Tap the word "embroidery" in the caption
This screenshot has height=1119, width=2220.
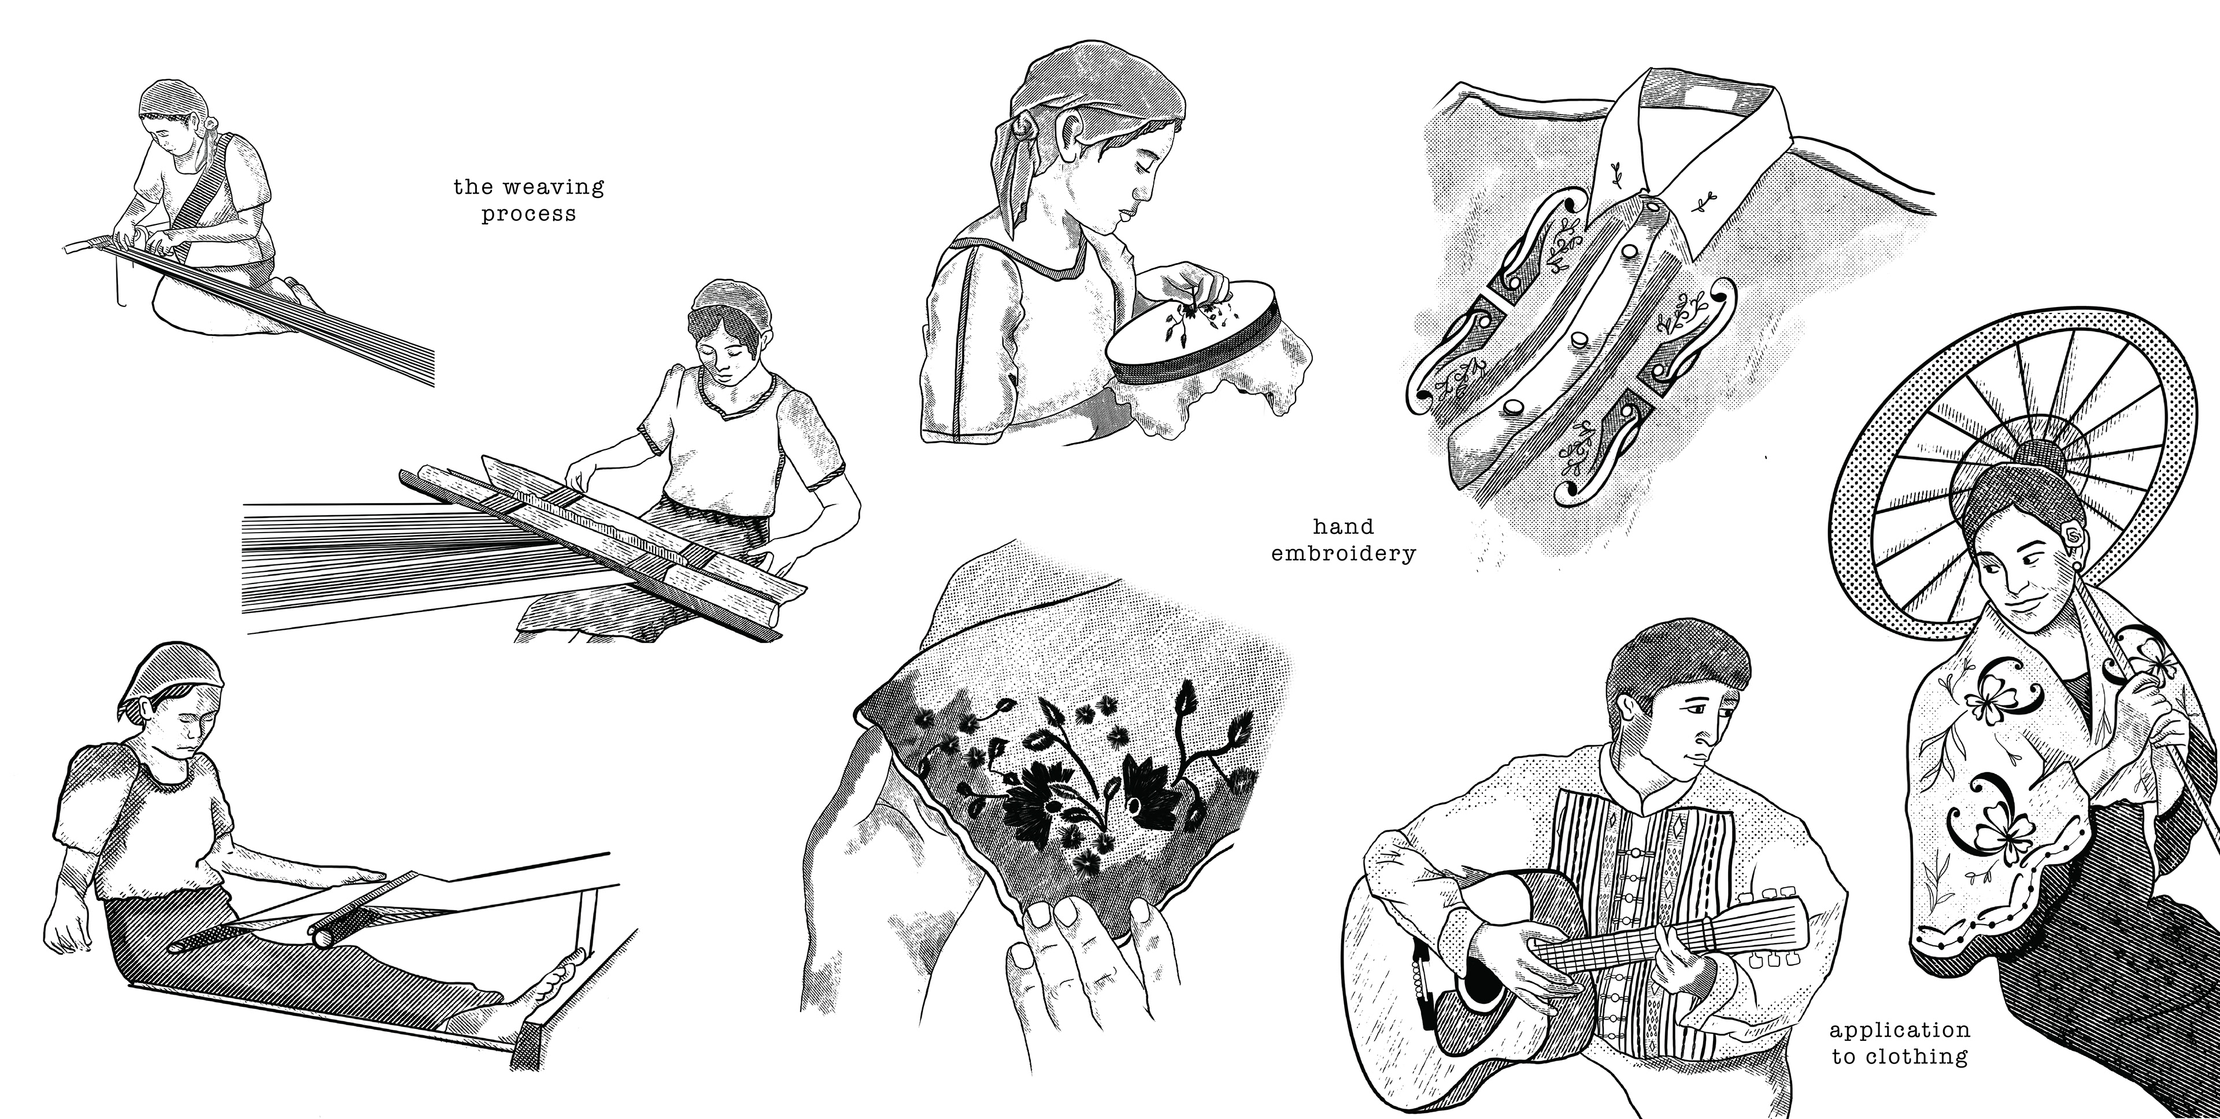(x=1344, y=553)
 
